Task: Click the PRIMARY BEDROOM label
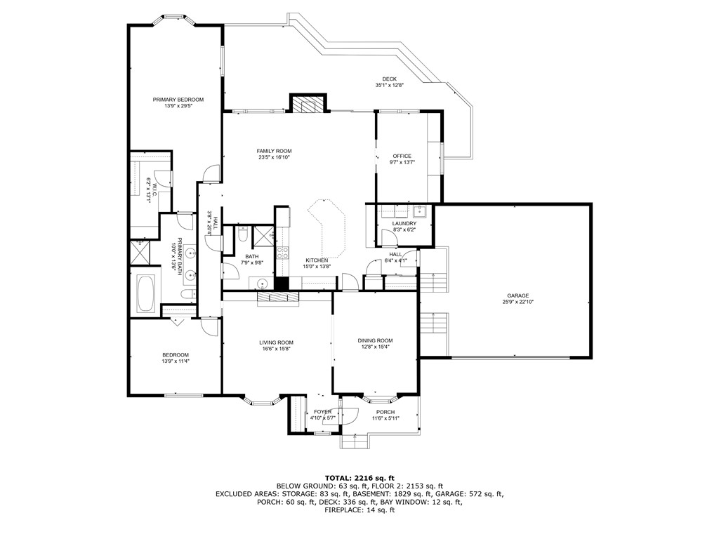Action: [x=178, y=100]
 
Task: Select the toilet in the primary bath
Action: [x=185, y=295]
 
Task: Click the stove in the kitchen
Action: [x=284, y=253]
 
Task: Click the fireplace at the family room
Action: [x=308, y=105]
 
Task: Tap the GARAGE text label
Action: [x=518, y=295]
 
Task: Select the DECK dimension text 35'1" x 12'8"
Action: [x=390, y=86]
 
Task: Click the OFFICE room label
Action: [x=402, y=156]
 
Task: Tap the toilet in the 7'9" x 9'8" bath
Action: [x=241, y=234]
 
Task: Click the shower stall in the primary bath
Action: [x=140, y=251]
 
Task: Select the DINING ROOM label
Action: [x=375, y=340]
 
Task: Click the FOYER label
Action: [x=322, y=412]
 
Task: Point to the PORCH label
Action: [x=385, y=412]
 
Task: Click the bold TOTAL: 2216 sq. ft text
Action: [x=359, y=476]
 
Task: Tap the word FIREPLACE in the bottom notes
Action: [x=339, y=510]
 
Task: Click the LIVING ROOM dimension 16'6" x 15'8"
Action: [x=276, y=349]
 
